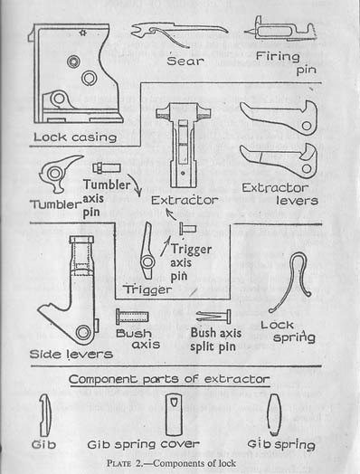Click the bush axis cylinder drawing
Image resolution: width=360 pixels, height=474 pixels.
(132, 318)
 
